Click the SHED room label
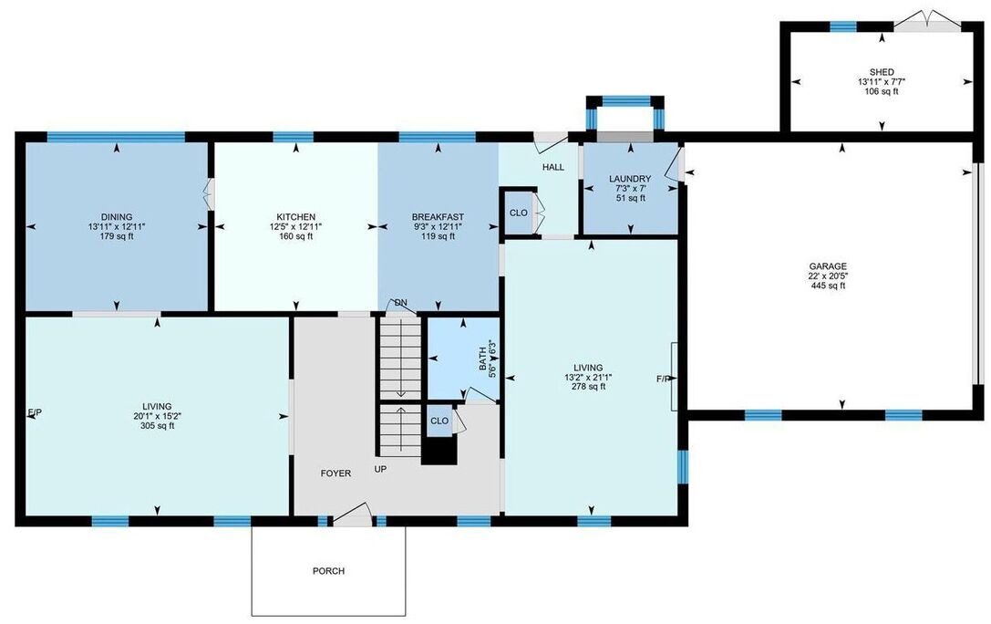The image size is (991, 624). (x=882, y=72)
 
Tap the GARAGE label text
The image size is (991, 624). (x=828, y=266)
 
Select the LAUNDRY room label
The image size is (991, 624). (x=630, y=179)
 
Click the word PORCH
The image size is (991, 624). (x=328, y=571)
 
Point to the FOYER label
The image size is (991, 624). (x=335, y=473)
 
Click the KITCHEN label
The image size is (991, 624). (x=295, y=217)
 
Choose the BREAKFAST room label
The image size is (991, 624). (x=438, y=217)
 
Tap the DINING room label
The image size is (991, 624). (x=117, y=217)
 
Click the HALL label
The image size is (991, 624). (x=553, y=167)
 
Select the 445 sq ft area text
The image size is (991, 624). (x=828, y=286)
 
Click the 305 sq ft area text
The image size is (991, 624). (x=158, y=425)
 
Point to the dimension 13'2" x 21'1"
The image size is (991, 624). (x=588, y=377)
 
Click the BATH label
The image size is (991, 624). (x=483, y=359)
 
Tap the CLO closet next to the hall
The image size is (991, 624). (x=518, y=213)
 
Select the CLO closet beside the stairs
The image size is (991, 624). (x=439, y=421)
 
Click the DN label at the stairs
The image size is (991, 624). (x=401, y=303)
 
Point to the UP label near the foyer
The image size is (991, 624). (x=380, y=469)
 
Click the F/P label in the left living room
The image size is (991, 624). (x=36, y=412)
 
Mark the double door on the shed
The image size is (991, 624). (x=926, y=21)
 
